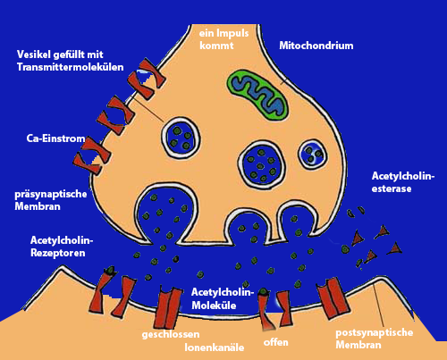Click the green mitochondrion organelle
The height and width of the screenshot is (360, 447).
pos(258,95)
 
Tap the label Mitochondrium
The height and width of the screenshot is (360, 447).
pos(316,46)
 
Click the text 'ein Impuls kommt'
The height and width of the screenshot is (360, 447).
pos(223,39)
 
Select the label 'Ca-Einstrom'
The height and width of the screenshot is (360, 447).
pos(55,138)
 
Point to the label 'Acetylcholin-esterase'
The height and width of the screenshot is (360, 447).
pos(403,182)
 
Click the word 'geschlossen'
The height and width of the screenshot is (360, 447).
pos(171,334)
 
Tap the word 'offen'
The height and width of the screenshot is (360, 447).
pos(275,342)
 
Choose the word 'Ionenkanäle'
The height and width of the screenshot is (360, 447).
pos(215,347)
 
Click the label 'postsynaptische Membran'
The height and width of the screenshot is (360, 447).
pos(375,339)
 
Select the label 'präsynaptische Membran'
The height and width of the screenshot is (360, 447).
pos(51,200)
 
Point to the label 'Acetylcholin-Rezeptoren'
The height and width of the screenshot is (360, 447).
pos(62,247)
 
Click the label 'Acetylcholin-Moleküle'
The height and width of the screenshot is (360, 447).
pos(223,298)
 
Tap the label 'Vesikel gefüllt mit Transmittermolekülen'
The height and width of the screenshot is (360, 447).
pos(70,61)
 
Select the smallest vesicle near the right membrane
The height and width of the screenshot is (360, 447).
pos(313,154)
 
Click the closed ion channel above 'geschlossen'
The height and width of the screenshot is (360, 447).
pos(167,307)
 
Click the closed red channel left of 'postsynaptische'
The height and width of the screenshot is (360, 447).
pos(332,298)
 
